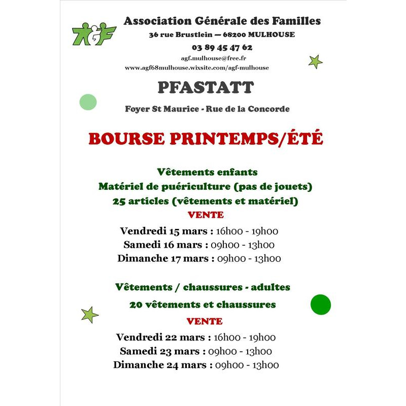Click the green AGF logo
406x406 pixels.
click(x=94, y=33)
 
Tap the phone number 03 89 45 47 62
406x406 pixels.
click(x=222, y=47)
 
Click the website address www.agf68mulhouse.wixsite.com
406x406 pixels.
click(x=197, y=67)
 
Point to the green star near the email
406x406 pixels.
click(x=315, y=62)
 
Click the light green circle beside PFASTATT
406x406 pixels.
click(x=88, y=102)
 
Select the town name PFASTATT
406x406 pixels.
click(x=206, y=87)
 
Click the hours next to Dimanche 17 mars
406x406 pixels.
click(x=249, y=258)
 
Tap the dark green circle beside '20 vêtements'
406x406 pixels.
click(x=320, y=304)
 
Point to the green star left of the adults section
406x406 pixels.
click(x=90, y=315)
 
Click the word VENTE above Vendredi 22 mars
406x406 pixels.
click(x=205, y=321)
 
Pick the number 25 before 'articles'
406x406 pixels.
click(x=119, y=201)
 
